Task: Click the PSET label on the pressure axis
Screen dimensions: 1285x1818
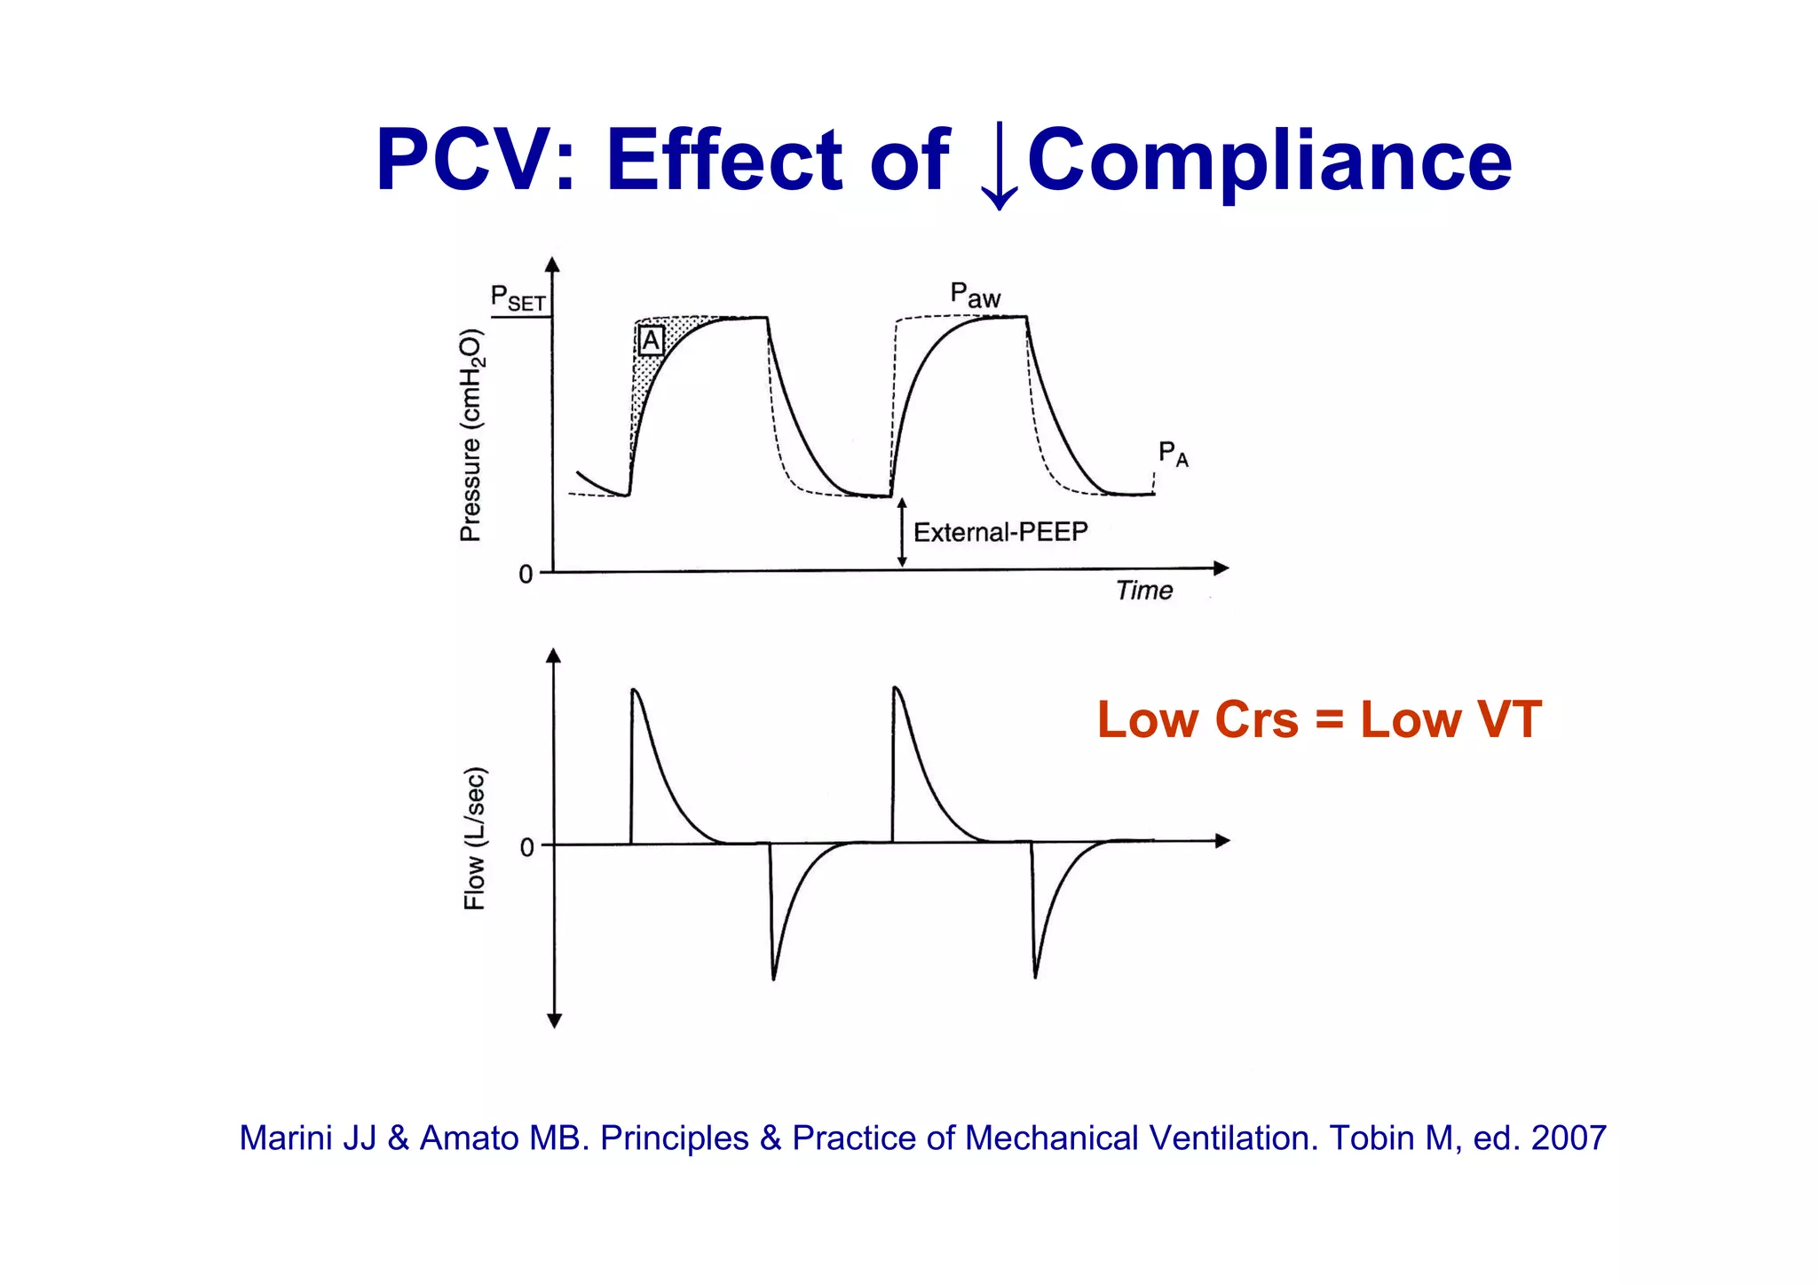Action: tap(518, 298)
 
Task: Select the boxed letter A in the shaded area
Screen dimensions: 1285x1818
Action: tap(651, 340)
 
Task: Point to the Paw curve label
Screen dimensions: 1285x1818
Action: tap(975, 295)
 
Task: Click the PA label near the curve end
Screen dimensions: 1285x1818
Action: tap(1172, 454)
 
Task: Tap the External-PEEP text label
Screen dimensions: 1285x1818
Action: tap(1000, 532)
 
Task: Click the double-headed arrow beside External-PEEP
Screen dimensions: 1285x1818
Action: tap(902, 532)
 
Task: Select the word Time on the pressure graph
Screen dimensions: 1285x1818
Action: tap(1143, 591)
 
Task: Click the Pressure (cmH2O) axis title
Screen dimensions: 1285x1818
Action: tap(470, 435)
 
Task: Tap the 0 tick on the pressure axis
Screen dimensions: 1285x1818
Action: tap(526, 575)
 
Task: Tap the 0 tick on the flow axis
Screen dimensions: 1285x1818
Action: tap(526, 847)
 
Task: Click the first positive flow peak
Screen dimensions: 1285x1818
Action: tap(634, 690)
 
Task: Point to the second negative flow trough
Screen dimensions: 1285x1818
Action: tap(1035, 976)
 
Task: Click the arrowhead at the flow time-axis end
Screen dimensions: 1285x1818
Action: tap(1222, 840)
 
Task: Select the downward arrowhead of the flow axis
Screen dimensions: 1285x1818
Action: tap(554, 1021)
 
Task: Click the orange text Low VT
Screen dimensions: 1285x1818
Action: tap(1450, 719)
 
